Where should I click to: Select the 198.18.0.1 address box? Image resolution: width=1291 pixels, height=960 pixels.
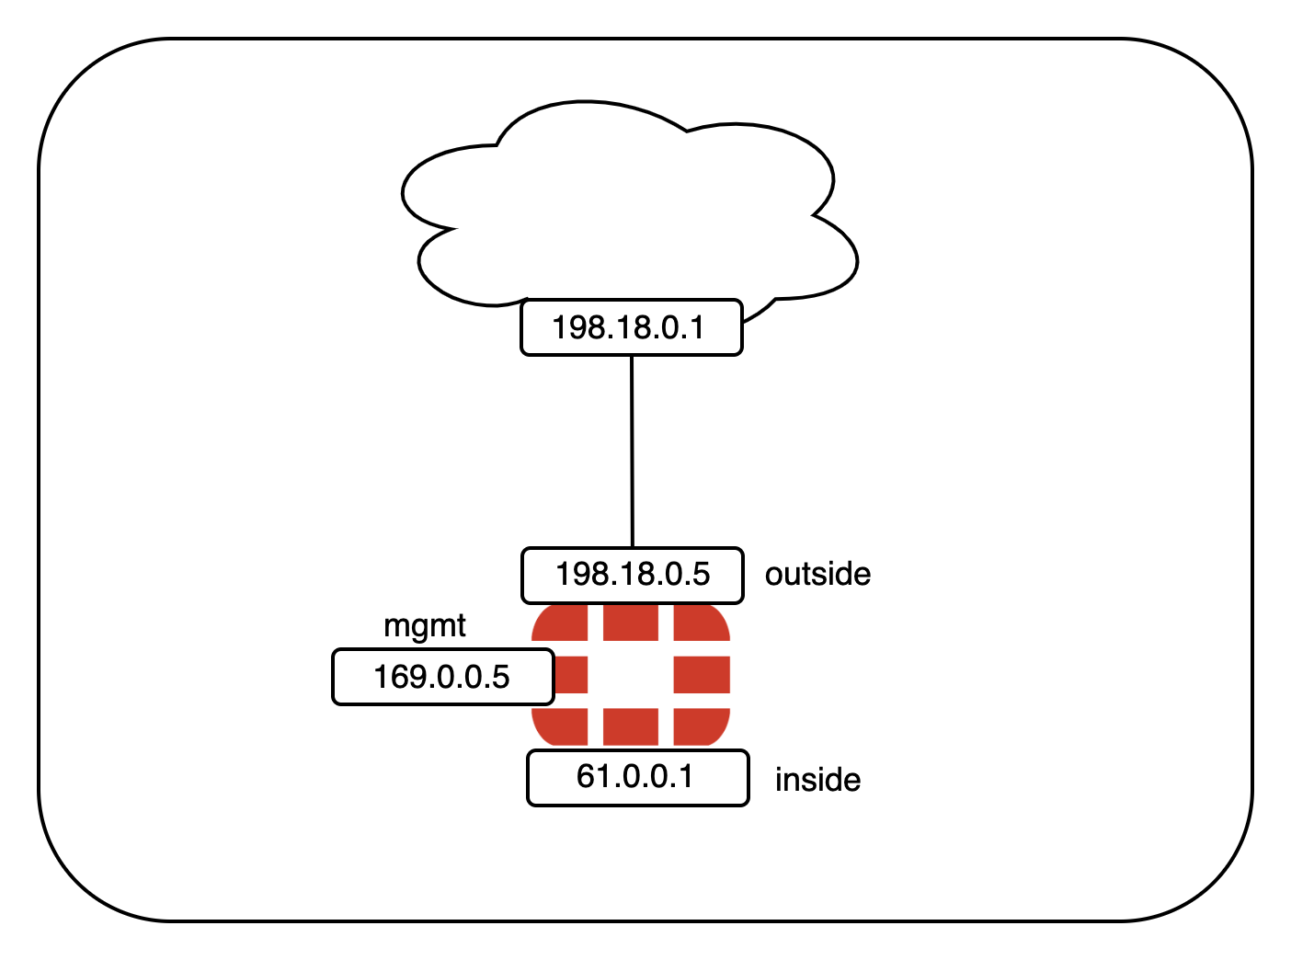pyautogui.click(x=631, y=327)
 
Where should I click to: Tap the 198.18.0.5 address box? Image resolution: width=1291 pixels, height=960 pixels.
pyautogui.click(x=632, y=575)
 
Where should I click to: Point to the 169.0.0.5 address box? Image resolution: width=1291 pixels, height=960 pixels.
pyautogui.click(x=442, y=677)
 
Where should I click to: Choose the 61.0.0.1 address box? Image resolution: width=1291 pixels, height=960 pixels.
pyautogui.click(x=637, y=778)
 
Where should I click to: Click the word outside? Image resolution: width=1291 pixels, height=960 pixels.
pyautogui.click(x=817, y=574)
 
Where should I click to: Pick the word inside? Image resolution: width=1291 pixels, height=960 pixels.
pyautogui.click(x=817, y=780)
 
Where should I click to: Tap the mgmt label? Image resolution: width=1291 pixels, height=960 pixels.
pyautogui.click(x=424, y=626)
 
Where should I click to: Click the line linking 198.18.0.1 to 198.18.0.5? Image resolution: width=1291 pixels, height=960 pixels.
pyautogui.click(x=632, y=451)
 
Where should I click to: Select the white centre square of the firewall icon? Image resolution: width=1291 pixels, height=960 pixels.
pyautogui.click(x=631, y=675)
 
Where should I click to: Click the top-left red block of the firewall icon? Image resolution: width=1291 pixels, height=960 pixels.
pyautogui.click(x=562, y=623)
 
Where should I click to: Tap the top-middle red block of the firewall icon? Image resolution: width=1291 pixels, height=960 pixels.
pyautogui.click(x=631, y=623)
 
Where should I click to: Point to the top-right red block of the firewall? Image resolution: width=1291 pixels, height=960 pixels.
pyautogui.click(x=701, y=623)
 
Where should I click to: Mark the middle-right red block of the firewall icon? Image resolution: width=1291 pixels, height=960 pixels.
pyautogui.click(x=702, y=675)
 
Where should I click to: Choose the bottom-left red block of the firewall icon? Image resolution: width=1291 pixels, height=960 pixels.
pyautogui.click(x=562, y=726)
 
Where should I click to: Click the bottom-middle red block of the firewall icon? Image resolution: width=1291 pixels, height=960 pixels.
pyautogui.click(x=631, y=726)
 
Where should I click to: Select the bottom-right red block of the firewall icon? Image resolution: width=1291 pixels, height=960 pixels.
pyautogui.click(x=701, y=726)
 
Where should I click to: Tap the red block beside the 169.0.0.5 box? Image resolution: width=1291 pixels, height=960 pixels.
pyautogui.click(x=571, y=675)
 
